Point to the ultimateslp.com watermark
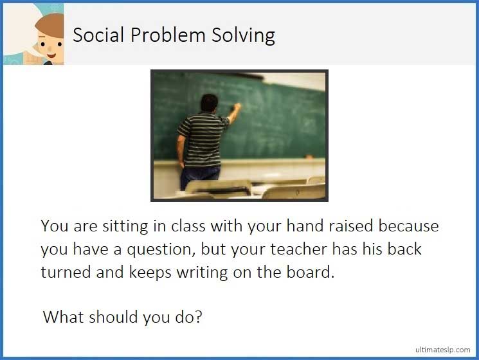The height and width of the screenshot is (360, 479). coord(443,349)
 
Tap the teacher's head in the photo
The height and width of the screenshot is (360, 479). coord(210,104)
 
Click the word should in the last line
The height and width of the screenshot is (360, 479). coord(113,317)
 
